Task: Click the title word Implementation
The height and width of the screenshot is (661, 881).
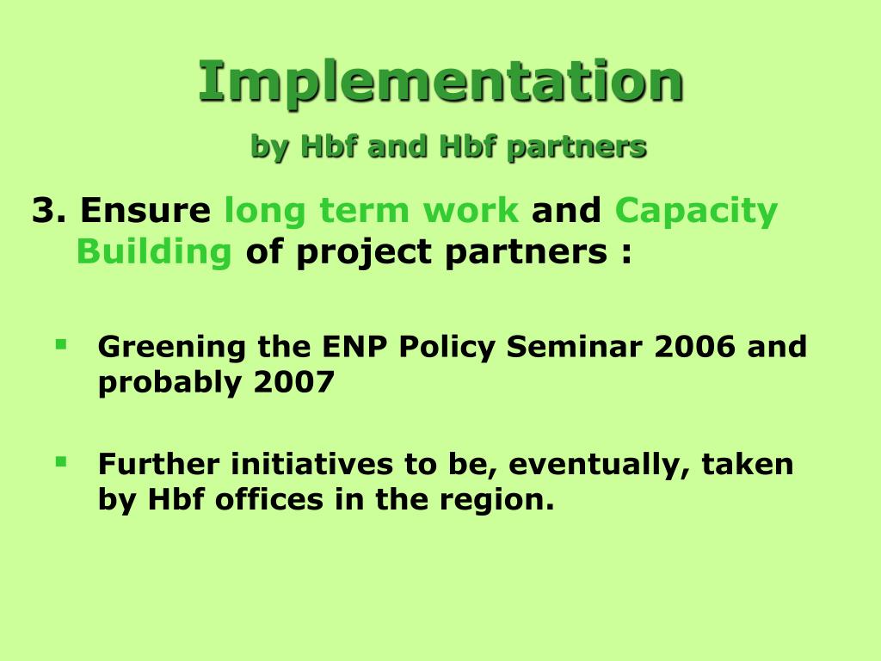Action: coord(441,83)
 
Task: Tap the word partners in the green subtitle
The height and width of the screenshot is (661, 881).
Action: coord(576,148)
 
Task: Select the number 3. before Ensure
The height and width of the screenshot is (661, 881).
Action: coord(49,210)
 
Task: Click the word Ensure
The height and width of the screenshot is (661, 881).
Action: coord(145,210)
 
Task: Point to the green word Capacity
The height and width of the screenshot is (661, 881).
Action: coord(696,213)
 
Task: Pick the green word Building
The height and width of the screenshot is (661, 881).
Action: coord(154,252)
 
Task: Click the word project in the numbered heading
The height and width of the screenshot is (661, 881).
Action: coord(364,253)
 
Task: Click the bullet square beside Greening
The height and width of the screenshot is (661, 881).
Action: coord(61,344)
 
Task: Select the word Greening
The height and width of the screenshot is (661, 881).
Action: coord(172,348)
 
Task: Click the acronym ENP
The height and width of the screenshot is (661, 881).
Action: coord(354,346)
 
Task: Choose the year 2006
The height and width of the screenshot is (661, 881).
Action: coord(695,346)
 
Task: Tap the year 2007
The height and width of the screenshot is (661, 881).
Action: coord(294,382)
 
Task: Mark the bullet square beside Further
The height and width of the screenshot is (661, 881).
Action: coord(61,462)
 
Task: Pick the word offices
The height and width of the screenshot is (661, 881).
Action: coord(269,499)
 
